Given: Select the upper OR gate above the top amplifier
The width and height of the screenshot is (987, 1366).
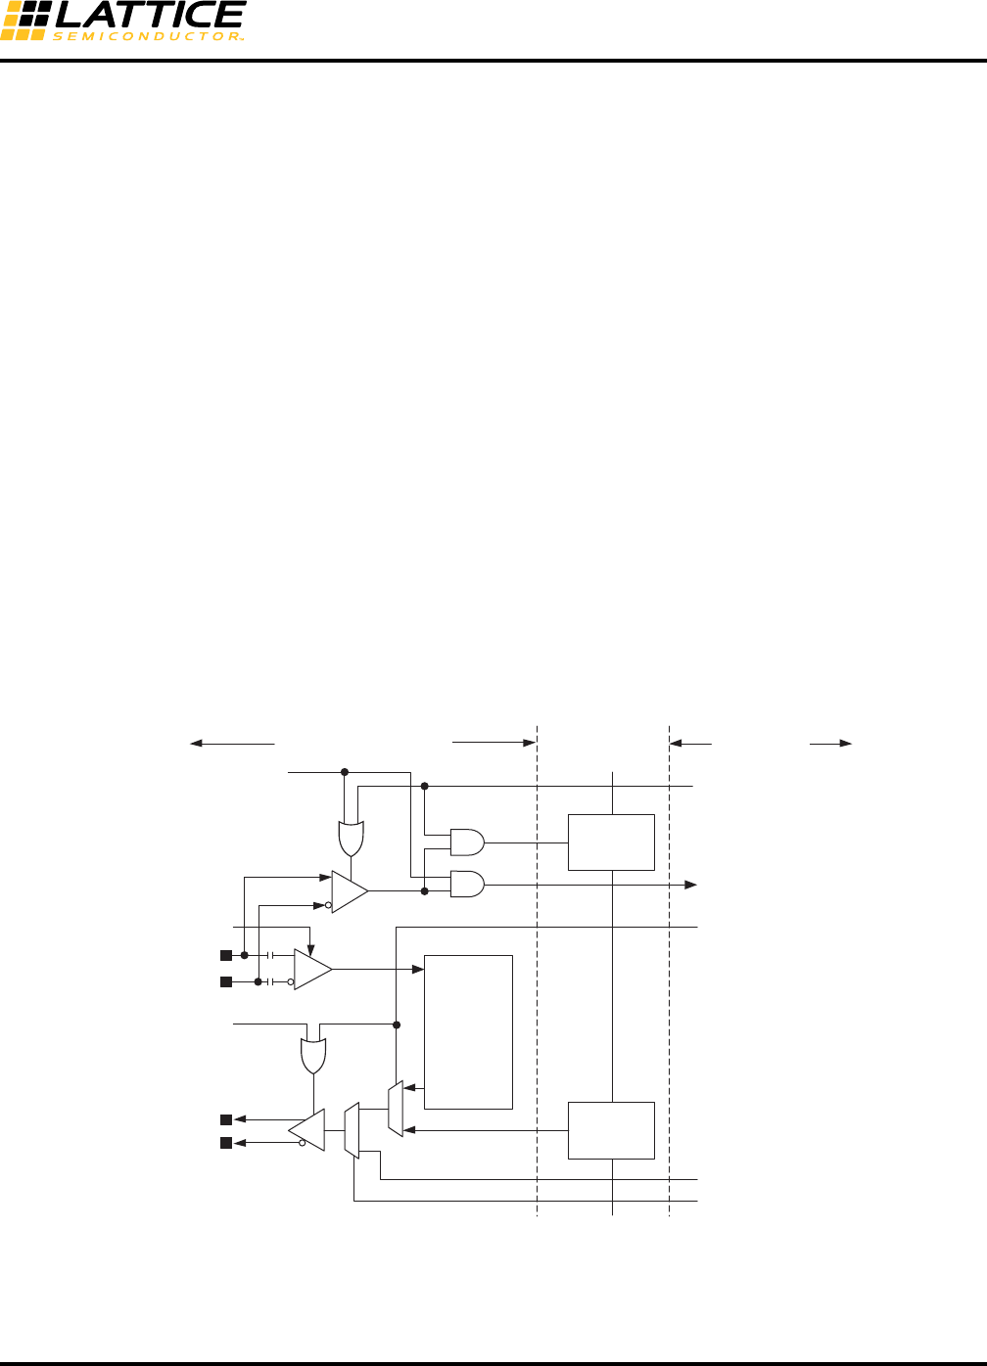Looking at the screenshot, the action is coord(352,838).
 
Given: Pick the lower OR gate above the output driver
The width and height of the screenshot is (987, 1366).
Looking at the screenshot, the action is coord(313,1056).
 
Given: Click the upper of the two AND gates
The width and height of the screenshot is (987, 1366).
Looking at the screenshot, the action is coord(466,842).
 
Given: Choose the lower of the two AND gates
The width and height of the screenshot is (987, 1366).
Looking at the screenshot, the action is coord(466,885).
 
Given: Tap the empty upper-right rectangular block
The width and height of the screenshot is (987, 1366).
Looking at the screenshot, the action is coord(611,842).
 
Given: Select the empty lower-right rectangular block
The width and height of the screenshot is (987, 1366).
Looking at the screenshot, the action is coord(611,1130).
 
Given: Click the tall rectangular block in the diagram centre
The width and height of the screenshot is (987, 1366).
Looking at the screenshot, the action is coord(468,1031).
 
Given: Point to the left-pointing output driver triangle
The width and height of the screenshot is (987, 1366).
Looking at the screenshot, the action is coord(307,1130).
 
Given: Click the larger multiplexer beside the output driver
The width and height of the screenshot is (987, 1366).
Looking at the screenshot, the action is coord(352,1130).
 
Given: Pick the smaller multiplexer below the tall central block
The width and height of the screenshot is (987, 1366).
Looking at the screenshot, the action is coord(395,1109).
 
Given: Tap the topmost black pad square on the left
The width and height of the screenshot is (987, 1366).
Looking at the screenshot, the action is coord(226,955).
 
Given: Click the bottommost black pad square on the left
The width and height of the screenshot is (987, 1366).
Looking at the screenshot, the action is coord(226,1143).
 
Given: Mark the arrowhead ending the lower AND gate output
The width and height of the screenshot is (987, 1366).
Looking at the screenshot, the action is coord(691,885).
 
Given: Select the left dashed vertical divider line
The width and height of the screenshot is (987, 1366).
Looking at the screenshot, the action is coord(538,979).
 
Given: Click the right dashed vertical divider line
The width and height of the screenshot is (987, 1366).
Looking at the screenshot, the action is coord(669,979).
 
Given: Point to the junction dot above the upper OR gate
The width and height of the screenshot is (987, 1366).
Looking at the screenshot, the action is coord(345,772).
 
